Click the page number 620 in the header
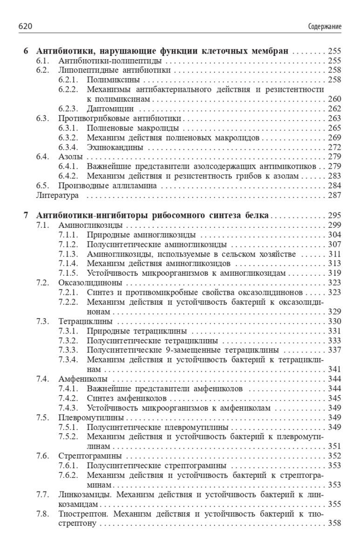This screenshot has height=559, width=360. [25, 27]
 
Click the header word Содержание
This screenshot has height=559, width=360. [325, 27]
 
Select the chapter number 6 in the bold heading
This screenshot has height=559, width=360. [26, 51]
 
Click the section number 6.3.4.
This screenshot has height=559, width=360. [68, 147]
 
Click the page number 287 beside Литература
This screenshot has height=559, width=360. [334, 196]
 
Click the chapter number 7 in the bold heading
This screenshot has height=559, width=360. [26, 215]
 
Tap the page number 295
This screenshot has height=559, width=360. [334, 215]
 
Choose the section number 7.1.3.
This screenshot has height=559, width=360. [68, 254]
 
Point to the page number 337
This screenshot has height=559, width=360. [334, 349]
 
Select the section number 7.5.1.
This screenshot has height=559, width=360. [68, 427]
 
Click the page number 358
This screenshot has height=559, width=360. [334, 523]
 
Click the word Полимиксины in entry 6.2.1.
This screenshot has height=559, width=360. [110, 80]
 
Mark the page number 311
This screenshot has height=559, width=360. [334, 254]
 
